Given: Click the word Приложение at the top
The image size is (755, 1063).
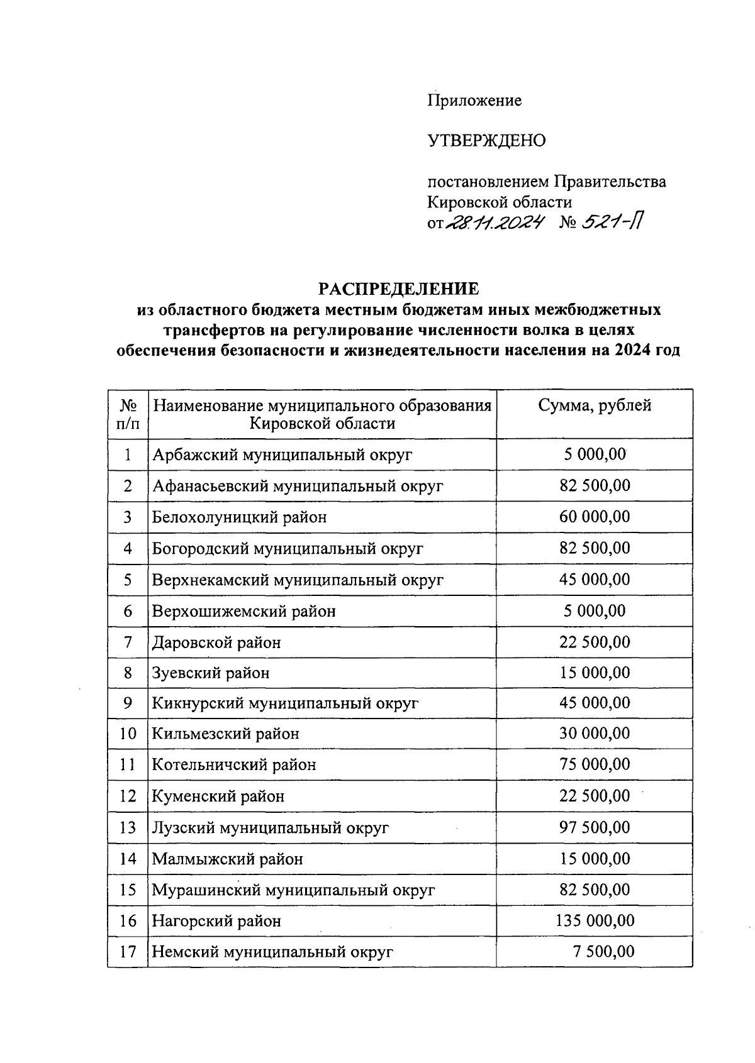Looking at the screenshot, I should [x=474, y=101].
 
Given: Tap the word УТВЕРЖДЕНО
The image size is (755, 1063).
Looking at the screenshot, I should [x=486, y=141].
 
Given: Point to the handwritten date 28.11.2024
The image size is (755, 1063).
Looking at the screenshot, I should [x=494, y=223].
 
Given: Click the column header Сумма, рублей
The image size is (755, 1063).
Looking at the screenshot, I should [x=594, y=406].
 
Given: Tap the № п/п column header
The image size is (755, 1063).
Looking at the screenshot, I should [x=128, y=414].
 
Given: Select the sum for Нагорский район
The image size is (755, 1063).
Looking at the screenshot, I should [x=595, y=921].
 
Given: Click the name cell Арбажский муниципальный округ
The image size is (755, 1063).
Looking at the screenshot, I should [x=282, y=454].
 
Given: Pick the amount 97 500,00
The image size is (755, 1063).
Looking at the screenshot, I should [x=595, y=827].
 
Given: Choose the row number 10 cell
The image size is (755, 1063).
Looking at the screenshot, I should [x=128, y=734].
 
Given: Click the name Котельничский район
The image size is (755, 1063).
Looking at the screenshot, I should [x=234, y=765].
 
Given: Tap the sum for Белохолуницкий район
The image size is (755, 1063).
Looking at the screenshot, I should [x=595, y=517].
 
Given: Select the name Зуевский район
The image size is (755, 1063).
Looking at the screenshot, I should [x=211, y=673].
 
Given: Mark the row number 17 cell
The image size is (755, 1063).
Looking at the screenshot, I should [x=128, y=952].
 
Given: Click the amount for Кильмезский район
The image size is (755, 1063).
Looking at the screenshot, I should [x=595, y=734].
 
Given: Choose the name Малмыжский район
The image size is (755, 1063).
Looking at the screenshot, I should [x=227, y=859].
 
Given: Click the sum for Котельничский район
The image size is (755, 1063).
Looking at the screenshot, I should [x=595, y=765].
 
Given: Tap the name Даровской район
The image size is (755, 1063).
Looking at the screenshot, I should [x=216, y=642].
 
